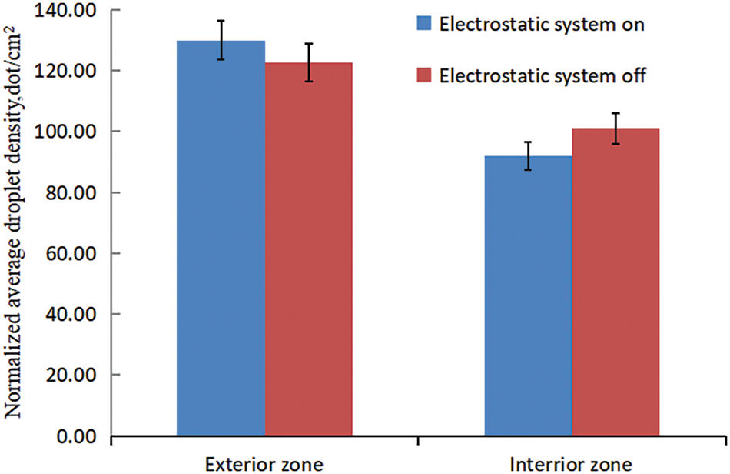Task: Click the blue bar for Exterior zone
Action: click(x=221, y=239)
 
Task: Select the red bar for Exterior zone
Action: click(x=308, y=250)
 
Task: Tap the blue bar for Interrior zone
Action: click(x=528, y=296)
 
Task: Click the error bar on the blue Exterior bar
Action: click(x=221, y=40)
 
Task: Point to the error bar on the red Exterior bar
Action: click(x=309, y=62)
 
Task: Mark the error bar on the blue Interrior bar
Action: click(x=528, y=155)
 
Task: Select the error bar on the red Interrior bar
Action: click(x=616, y=129)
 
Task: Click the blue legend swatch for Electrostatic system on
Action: click(x=424, y=23)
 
